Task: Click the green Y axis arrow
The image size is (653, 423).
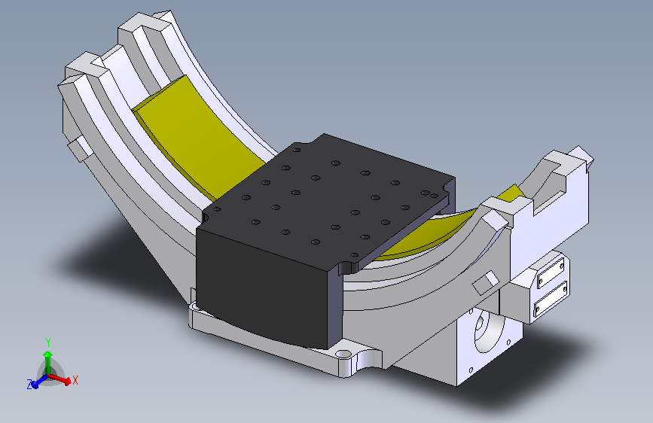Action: coord(48,362)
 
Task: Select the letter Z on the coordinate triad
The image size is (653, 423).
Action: coord(30,385)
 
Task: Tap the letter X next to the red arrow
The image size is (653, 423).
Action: coord(75,380)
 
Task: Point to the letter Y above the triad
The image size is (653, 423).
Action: coord(48,342)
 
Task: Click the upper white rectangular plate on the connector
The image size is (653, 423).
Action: coord(551,272)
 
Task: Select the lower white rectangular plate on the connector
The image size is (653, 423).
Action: coord(551,298)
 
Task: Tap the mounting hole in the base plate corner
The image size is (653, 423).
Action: coord(343,355)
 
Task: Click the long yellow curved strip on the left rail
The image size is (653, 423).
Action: coord(196,138)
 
